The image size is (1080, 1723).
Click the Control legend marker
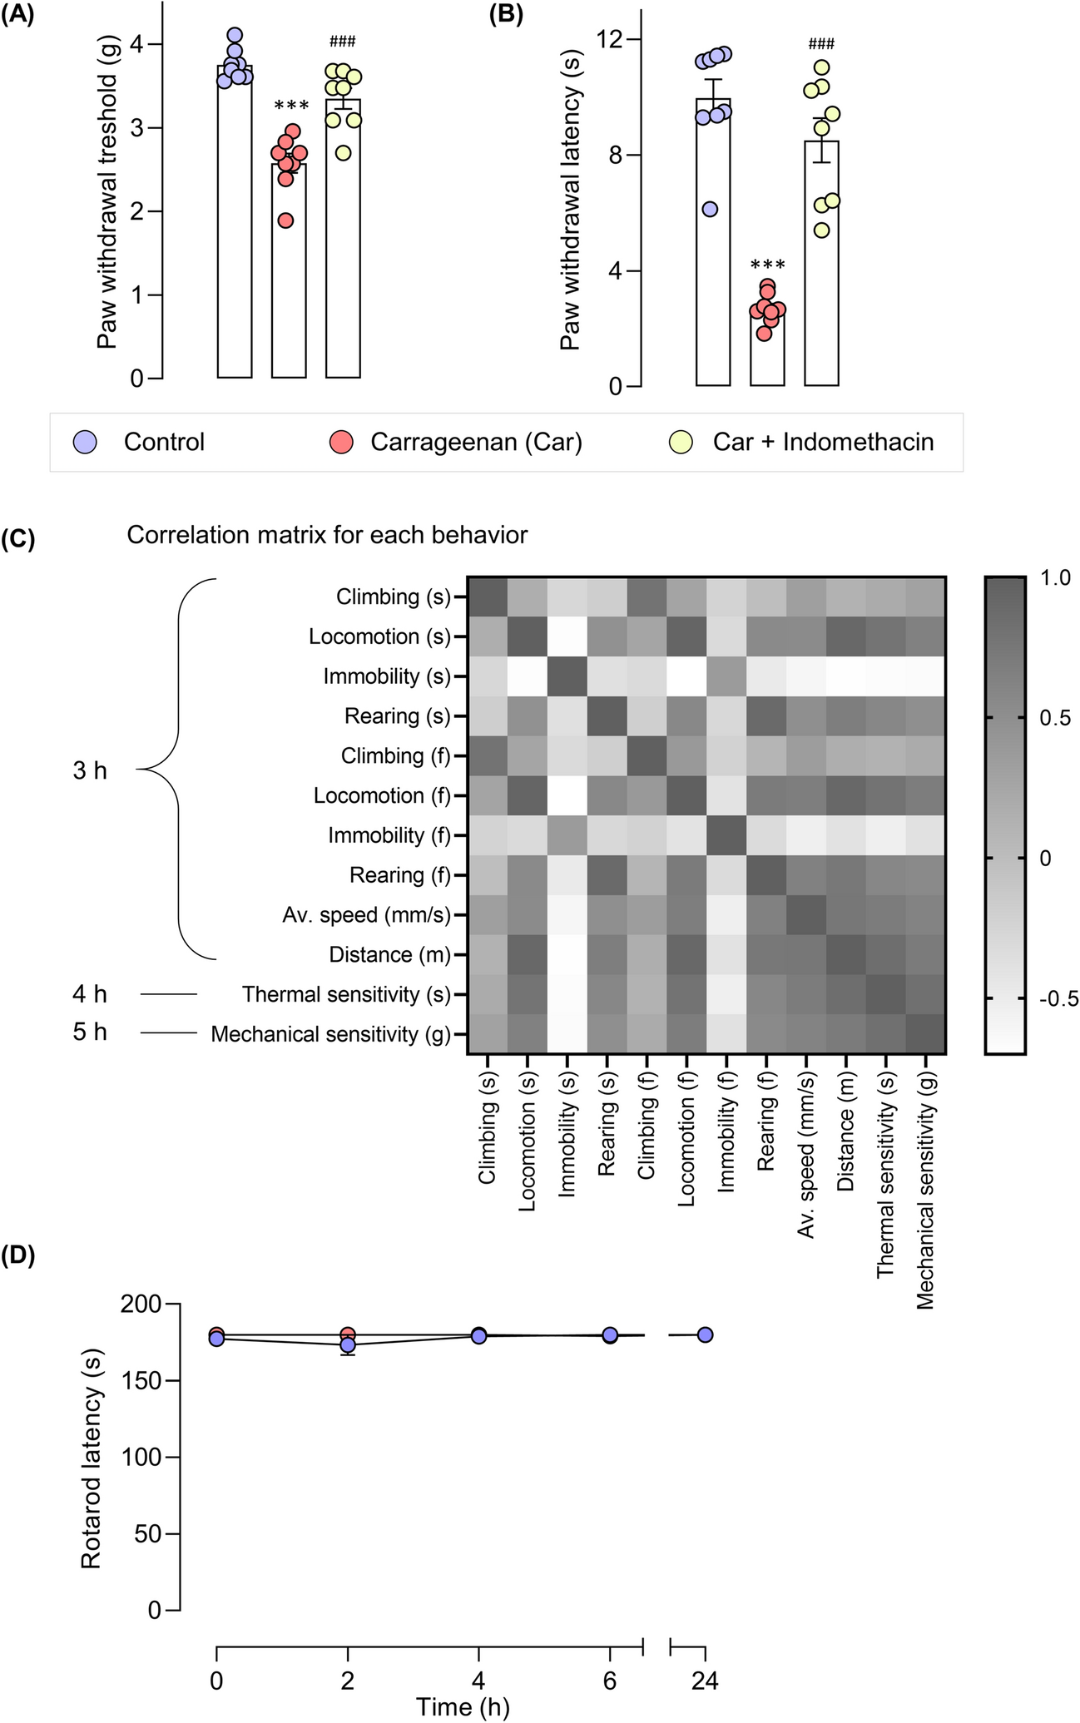coord(85,442)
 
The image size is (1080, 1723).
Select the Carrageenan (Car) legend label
coord(476,442)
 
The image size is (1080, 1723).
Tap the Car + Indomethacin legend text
coord(823,442)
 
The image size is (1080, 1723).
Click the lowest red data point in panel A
coord(286,220)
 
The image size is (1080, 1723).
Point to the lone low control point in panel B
coord(710,210)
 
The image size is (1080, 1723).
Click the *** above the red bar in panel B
coord(767,265)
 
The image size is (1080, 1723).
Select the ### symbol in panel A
coord(343,42)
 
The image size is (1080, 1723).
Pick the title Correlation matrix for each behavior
coord(327,535)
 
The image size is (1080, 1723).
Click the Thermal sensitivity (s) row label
coord(345,994)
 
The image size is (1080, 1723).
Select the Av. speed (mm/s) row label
coord(365,915)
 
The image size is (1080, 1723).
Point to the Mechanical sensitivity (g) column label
coord(926,1190)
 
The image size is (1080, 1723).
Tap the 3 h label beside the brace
coord(90,771)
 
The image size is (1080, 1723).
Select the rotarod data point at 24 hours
coord(705,1334)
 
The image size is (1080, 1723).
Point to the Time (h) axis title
coord(463,1707)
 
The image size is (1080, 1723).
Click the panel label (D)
coord(17,1256)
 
